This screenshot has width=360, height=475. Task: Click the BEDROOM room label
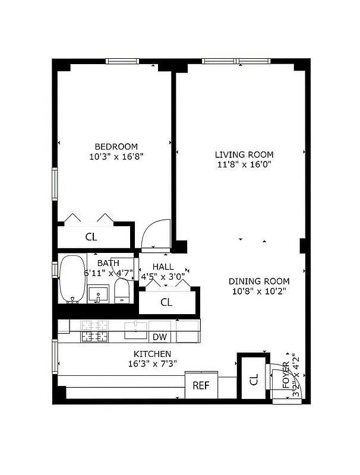116,147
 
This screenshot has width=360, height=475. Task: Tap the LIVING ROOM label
244,155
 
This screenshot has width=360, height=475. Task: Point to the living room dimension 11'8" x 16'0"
244,165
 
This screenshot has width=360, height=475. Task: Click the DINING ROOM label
260,281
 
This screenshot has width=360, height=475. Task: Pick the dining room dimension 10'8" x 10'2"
260,292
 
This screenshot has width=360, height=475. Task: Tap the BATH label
108,263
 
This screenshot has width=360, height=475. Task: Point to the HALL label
163,267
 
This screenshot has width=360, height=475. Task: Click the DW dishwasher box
159,337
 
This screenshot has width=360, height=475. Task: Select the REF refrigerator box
201,386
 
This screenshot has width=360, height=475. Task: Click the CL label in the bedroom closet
91,237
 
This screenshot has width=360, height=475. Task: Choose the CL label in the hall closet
166,302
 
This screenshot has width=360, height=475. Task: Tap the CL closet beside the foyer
253,379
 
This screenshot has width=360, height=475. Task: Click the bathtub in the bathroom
72,279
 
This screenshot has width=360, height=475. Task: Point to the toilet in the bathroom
122,290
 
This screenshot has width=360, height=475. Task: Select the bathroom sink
98,293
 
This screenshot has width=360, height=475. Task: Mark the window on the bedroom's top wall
122,61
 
